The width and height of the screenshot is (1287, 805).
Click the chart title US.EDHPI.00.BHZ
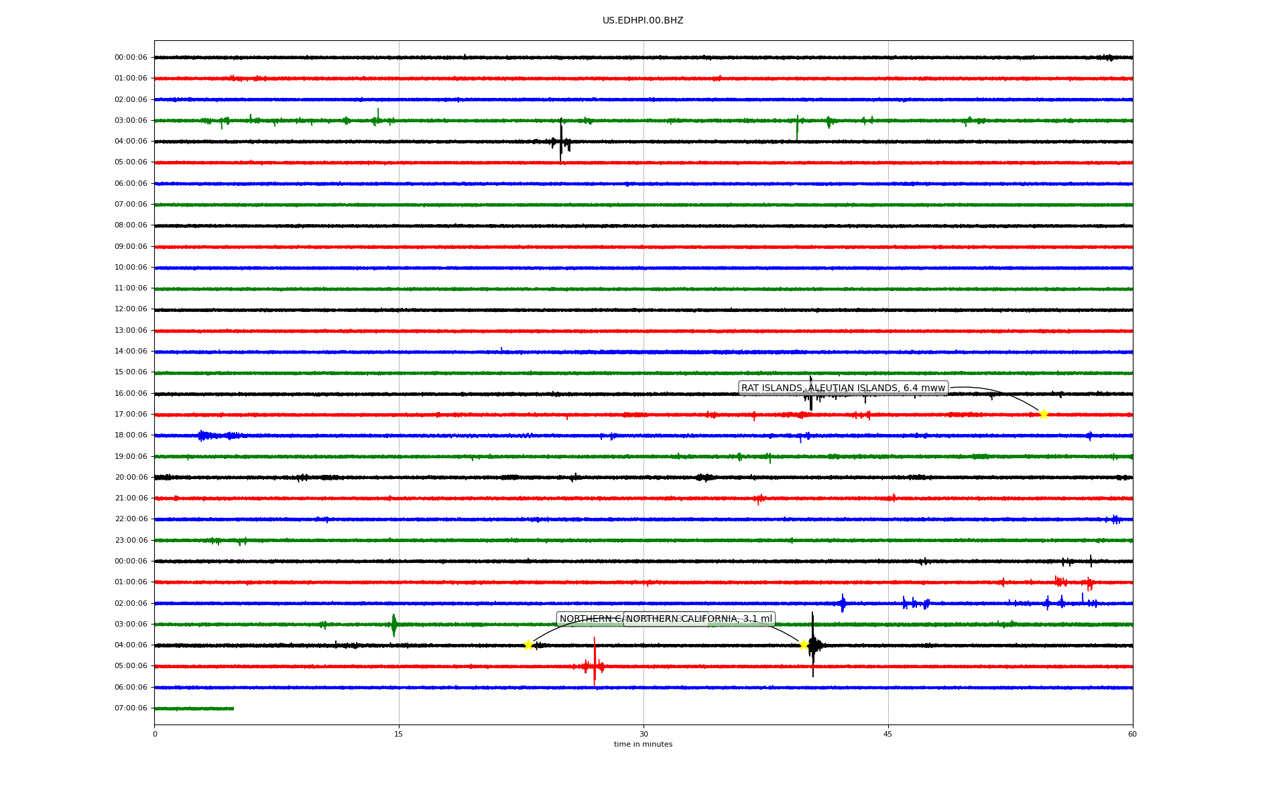[x=643, y=21]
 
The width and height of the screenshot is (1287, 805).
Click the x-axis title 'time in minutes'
[x=643, y=745]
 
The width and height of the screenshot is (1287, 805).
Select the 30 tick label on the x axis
[x=643, y=734]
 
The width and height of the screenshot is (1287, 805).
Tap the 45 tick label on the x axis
[x=888, y=734]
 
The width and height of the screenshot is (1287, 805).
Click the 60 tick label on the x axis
[x=1132, y=734]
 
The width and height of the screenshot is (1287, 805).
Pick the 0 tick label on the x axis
[x=155, y=734]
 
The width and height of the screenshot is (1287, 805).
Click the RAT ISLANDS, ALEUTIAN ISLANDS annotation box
[x=843, y=388]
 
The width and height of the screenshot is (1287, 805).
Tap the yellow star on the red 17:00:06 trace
[x=1044, y=415]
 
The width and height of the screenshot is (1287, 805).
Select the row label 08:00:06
[x=131, y=225]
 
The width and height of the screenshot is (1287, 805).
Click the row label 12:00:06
[x=131, y=309]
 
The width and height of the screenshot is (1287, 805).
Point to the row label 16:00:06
[x=131, y=394]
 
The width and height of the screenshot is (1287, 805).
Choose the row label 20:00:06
[x=131, y=478]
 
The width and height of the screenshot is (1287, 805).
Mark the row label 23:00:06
[x=131, y=541]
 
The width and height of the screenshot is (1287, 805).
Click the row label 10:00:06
[x=131, y=268]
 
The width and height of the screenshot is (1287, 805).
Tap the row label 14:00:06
[x=131, y=352]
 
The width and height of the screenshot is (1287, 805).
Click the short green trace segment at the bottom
[x=194, y=708]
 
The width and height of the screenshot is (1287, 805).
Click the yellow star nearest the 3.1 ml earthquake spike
[x=804, y=645]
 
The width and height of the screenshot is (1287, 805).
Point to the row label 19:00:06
[x=131, y=457]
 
